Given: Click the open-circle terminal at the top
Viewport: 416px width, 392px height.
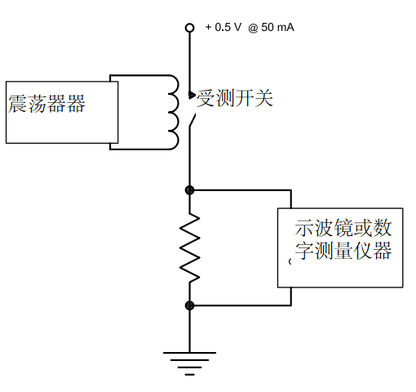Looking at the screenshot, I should pos(190,28).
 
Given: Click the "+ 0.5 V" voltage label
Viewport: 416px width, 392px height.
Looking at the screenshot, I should pos(223,27).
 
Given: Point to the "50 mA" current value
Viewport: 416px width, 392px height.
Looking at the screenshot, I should pos(277,27).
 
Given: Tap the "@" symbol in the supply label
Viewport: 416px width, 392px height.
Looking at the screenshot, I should pos(253,27).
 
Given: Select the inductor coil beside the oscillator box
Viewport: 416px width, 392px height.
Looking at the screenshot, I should pos(174,113).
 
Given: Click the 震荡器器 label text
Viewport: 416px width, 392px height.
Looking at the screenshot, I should pos(46,105).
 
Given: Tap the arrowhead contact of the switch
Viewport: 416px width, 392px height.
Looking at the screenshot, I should pos(193,95).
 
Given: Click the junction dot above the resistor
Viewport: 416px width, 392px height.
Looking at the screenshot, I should pos(190,190).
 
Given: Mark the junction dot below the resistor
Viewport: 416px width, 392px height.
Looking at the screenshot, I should pos(190,305).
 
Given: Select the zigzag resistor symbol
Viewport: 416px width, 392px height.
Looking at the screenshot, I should pos(190,247).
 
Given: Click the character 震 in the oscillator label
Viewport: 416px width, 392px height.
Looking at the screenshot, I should pos(17,105).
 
